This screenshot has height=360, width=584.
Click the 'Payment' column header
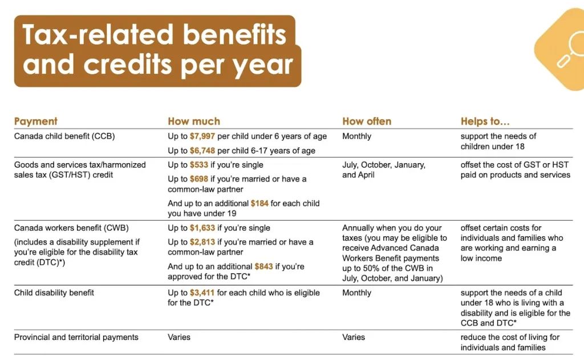point(36,121)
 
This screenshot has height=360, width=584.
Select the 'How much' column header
point(194,121)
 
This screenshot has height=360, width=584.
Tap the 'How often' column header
point(367,121)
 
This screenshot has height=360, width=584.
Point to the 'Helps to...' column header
point(485,121)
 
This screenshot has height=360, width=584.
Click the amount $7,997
point(202,136)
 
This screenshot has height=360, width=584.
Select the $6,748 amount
point(202,151)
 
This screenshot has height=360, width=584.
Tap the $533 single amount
point(199,165)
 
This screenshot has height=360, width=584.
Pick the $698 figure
point(199,179)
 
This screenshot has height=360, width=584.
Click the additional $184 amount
point(259,204)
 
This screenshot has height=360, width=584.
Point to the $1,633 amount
point(202,228)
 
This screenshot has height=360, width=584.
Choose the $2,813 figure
point(202,242)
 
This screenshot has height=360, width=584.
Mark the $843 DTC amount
point(263,267)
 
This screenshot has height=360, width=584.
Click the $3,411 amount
point(202,293)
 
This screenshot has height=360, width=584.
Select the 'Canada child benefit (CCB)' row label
point(64,136)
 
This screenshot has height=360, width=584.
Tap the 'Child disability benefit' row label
point(54,293)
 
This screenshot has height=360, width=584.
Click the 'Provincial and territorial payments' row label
point(76,337)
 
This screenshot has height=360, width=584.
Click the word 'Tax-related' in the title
point(97,35)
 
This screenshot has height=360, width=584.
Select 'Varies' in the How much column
point(179,337)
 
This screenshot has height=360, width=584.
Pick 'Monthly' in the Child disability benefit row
point(357,293)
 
